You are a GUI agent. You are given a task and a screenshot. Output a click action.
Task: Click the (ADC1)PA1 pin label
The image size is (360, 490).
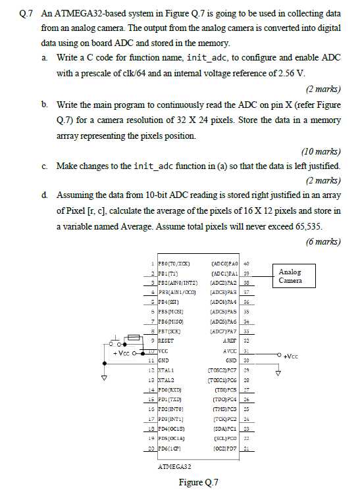point(221,272)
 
